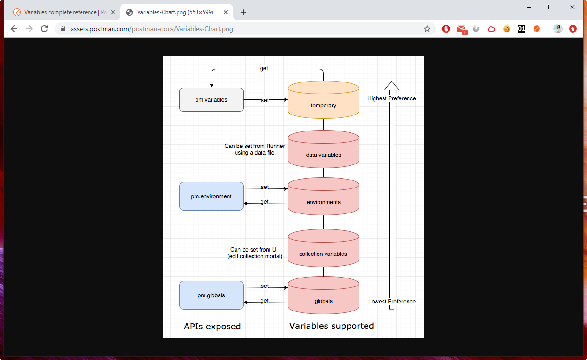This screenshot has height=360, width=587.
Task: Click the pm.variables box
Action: [x=211, y=100]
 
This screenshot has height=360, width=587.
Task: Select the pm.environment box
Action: [x=211, y=196]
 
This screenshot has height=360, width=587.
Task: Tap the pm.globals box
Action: [x=211, y=295]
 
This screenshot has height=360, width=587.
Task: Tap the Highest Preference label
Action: [x=391, y=98]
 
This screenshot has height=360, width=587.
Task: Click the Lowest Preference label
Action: [x=391, y=302]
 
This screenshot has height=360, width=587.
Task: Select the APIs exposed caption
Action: [x=212, y=327]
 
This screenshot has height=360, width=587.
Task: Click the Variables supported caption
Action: [x=331, y=326]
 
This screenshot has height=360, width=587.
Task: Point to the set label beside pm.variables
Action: [x=265, y=100]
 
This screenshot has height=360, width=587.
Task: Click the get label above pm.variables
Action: [x=264, y=69]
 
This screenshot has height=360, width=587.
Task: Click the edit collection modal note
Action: [x=254, y=256]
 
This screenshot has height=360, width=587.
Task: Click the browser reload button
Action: [x=44, y=29]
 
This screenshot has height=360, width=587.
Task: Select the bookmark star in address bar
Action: [x=427, y=29]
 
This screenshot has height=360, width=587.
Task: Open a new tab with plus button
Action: [x=244, y=12]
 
